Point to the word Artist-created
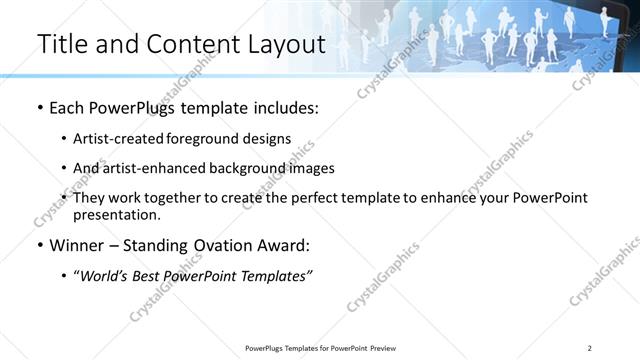coord(116,139)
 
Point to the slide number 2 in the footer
coord(590,348)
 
